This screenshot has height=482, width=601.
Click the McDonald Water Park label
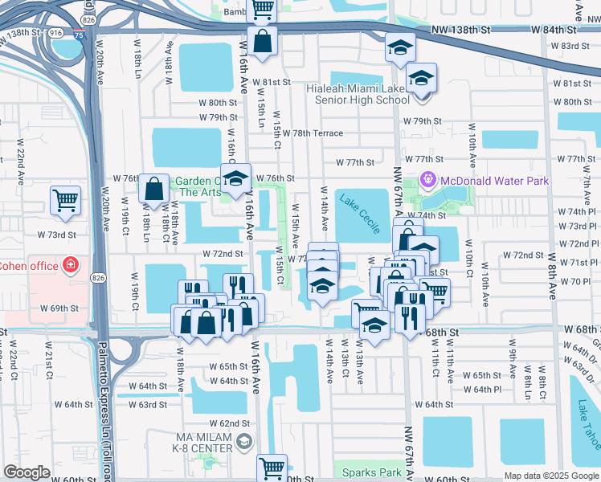(494, 181)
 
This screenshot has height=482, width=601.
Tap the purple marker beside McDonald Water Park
(428, 181)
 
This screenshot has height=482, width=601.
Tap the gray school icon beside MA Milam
(245, 441)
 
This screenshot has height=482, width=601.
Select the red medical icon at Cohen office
(72, 264)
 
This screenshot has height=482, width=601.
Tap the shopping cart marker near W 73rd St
(65, 201)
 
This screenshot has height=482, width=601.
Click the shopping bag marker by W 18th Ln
(153, 189)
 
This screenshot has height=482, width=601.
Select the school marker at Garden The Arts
(235, 178)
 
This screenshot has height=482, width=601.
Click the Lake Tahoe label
(591, 422)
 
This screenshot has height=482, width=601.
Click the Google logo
(27, 472)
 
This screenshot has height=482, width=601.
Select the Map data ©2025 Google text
(550, 476)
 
